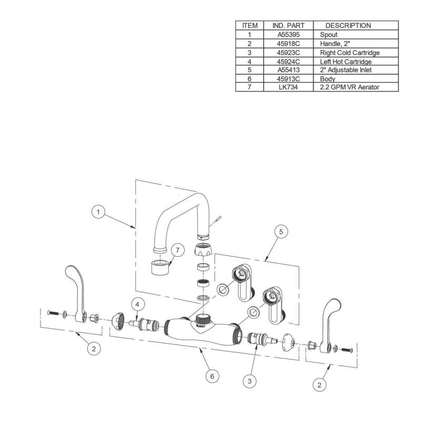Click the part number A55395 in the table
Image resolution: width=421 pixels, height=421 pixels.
click(288, 35)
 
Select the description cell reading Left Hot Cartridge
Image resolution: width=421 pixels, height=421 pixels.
click(346, 62)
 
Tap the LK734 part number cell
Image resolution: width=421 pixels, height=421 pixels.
click(288, 87)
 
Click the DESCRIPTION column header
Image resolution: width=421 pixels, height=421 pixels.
click(348, 25)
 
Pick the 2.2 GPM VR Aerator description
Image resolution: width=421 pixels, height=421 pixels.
click(349, 87)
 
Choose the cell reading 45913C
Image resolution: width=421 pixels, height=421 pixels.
click(288, 78)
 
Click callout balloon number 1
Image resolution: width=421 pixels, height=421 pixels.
click(98, 212)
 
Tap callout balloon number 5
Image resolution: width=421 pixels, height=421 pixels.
click(281, 232)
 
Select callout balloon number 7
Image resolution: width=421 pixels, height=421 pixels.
click(177, 250)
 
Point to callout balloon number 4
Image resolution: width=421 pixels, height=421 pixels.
click(138, 305)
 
